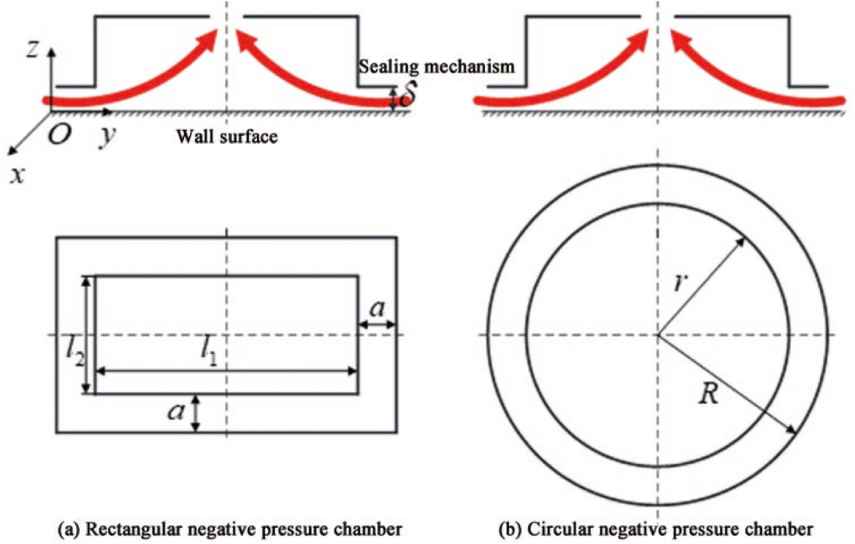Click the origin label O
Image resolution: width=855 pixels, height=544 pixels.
pos(59,134)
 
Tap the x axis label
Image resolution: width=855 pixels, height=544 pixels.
pos(18,174)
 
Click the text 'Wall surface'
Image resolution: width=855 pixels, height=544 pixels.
pos(226,136)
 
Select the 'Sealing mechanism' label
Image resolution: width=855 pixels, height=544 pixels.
pos(436,67)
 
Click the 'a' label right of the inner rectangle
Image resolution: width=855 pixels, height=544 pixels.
pos(377,309)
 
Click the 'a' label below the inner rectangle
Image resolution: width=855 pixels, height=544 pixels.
pos(176,412)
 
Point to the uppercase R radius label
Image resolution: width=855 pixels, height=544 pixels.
pos(709,394)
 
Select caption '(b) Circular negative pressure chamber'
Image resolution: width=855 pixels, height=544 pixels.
pos(655,529)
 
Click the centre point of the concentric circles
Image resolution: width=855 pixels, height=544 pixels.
pos(658,334)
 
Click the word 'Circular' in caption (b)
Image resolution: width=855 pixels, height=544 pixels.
pos(556,529)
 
